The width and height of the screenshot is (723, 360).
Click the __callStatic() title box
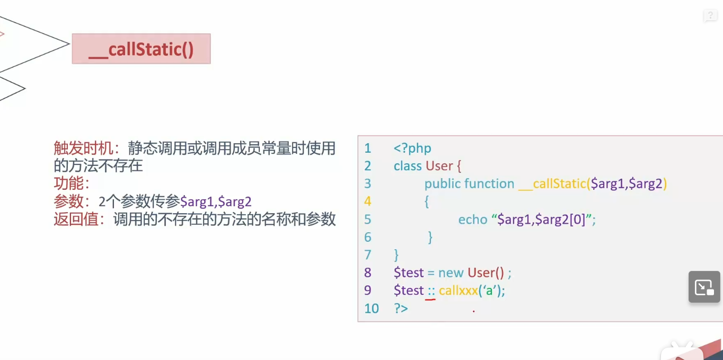point(141,49)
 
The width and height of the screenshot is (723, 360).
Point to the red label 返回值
point(79,219)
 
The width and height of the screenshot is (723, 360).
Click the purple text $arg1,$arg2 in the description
point(216,201)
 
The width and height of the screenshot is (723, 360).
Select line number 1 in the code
point(368,148)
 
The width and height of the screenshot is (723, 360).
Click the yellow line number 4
point(368,201)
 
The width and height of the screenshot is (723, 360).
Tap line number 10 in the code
point(372,308)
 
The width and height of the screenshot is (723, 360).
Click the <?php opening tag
point(412,148)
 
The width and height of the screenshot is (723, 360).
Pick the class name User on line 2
point(439,166)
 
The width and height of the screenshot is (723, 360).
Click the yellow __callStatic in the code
point(552,184)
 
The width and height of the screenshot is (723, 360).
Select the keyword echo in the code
point(473,219)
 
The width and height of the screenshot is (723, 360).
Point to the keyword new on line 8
point(451,273)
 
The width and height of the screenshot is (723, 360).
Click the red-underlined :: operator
point(431,291)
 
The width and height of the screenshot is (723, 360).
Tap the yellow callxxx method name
point(459,291)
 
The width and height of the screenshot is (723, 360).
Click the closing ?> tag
point(401,308)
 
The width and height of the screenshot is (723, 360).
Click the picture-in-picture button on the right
point(704,287)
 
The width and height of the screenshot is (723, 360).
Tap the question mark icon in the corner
point(710,16)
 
